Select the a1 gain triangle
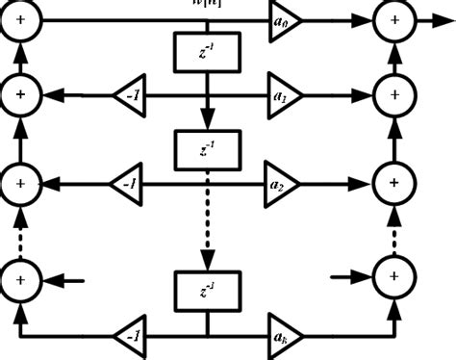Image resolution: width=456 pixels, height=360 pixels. [x=283, y=95]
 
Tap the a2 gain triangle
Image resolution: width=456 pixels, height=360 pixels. [x=283, y=181]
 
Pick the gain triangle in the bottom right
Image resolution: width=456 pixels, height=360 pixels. [x=283, y=338]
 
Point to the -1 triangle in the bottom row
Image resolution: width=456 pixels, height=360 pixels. [x=129, y=338]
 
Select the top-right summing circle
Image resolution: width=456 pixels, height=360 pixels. [x=395, y=18]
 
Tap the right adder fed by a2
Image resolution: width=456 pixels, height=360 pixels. [x=395, y=181]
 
